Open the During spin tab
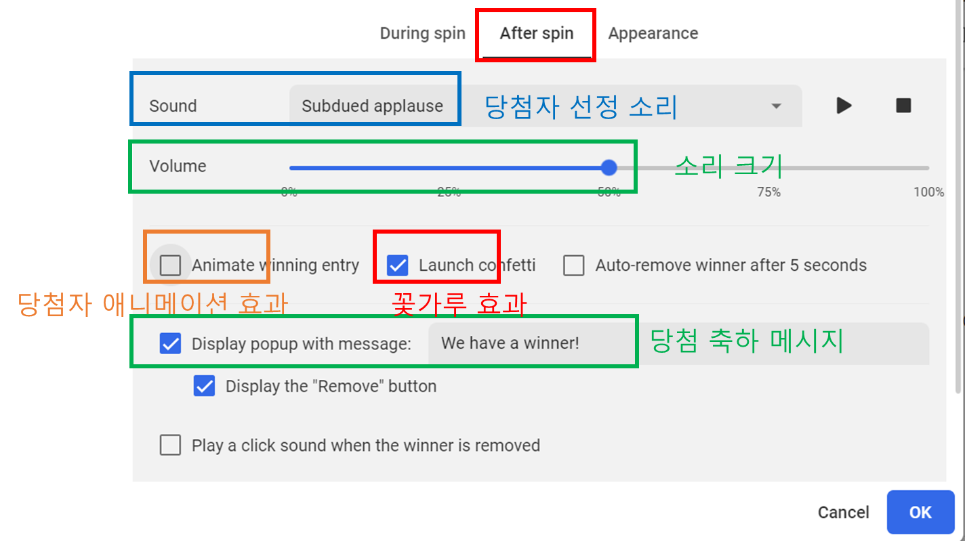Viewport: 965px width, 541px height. pos(422,34)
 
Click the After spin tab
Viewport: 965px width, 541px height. pos(536,34)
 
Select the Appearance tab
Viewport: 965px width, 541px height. pos(653,34)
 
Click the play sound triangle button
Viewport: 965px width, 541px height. pos(844,106)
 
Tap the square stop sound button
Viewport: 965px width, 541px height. pos(903,106)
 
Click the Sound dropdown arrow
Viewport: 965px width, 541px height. pos(777,106)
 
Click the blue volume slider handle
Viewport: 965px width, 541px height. pos(609,168)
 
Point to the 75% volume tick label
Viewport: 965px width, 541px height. pos(768,192)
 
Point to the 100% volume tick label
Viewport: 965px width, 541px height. pos(928,192)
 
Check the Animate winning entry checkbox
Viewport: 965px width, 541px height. pos(170,265)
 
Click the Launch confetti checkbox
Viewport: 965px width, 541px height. pos(397,265)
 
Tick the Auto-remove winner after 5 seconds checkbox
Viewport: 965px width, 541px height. pos(573,265)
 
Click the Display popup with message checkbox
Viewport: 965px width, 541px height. pos(170,343)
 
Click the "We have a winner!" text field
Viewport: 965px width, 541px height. pos(678,343)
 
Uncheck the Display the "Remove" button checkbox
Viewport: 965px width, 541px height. pos(204,386)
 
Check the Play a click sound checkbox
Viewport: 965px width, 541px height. pos(170,446)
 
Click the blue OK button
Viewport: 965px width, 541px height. pos(920,513)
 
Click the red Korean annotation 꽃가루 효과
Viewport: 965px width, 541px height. pos(459,305)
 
